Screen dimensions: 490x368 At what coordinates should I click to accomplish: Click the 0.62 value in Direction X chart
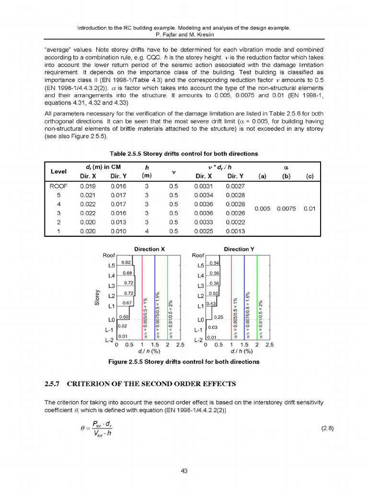[126, 262]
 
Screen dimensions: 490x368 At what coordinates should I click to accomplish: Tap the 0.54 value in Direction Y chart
[215, 262]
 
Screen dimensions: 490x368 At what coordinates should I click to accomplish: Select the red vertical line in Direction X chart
[142, 297]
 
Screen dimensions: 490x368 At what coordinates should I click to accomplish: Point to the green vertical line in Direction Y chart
[257, 297]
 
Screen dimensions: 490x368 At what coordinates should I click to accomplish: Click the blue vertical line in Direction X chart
[155, 297]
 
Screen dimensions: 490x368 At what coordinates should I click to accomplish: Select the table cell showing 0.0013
[235, 232]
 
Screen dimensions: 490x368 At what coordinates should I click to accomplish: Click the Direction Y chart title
[239, 249]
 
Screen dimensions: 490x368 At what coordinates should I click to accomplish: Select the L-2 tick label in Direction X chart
[109, 341]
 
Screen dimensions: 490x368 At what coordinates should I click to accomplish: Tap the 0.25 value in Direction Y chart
[218, 317]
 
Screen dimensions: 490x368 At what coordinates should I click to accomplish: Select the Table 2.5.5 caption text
[184, 154]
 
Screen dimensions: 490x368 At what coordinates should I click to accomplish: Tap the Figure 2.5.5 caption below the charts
[184, 362]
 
